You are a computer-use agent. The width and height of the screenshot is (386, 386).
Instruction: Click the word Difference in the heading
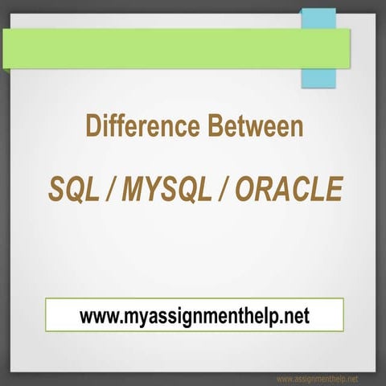point(132,127)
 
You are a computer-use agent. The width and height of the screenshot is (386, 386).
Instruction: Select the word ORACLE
point(291,190)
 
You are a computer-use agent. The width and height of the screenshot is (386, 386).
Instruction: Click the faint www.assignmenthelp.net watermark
point(317,378)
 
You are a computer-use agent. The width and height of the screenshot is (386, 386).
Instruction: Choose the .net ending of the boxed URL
point(292,315)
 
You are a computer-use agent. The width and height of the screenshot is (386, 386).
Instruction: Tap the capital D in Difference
point(92,127)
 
